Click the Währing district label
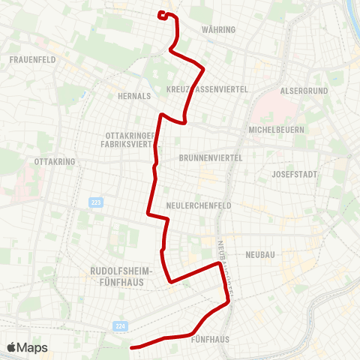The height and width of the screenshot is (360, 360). (219, 30)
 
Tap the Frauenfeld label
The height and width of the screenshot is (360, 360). (32, 59)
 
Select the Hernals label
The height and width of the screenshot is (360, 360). (134, 96)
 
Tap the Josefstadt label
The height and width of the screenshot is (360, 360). (295, 174)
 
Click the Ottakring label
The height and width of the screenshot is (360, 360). (52, 161)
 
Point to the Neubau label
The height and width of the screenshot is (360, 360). (260, 255)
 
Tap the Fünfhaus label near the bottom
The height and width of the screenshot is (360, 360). (210, 339)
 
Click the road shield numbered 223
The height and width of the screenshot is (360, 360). (95, 202)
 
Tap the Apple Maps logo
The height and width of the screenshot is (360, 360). (27, 347)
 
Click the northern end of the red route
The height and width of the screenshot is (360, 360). (161, 13)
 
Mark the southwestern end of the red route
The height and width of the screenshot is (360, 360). (132, 347)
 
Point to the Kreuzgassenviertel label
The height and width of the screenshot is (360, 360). (211, 88)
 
